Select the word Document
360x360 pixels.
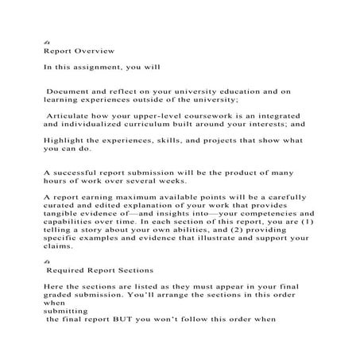(69, 93)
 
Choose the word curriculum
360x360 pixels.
(160, 125)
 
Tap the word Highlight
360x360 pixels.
(66, 140)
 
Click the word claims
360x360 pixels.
(57, 246)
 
